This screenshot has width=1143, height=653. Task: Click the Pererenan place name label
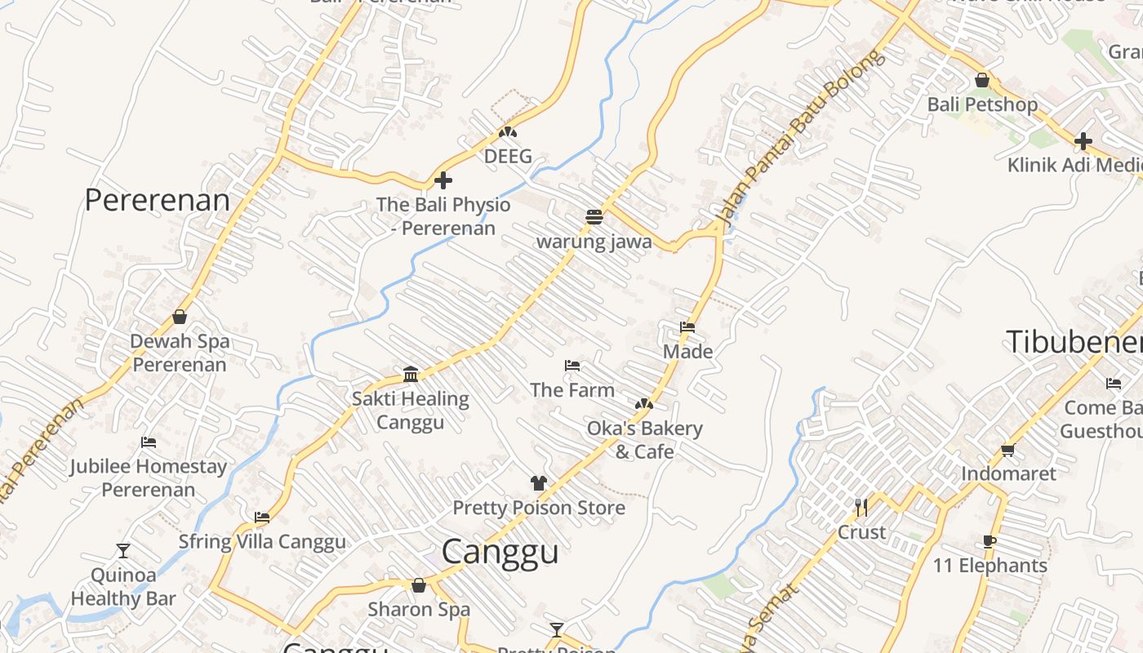click(158, 200)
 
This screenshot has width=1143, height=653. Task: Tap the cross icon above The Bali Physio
click(443, 180)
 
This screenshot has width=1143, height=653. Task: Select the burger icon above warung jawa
click(594, 217)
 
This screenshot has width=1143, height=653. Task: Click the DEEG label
click(508, 156)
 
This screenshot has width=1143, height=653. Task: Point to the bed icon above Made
click(687, 327)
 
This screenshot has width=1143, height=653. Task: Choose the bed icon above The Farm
click(572, 366)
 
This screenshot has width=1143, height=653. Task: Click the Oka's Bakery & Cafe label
click(644, 440)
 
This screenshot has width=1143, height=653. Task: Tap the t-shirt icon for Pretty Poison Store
click(538, 483)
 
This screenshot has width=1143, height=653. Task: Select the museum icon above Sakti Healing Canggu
click(411, 374)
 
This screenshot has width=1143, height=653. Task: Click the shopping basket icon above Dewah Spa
click(180, 317)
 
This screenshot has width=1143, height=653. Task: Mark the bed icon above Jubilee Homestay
click(148, 442)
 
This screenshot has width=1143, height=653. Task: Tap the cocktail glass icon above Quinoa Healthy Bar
click(123, 551)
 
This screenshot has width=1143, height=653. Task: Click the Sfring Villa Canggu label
click(262, 542)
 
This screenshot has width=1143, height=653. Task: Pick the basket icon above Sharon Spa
click(419, 585)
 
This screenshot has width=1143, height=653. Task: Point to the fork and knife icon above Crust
click(861, 508)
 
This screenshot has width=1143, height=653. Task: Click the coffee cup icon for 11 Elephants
click(990, 541)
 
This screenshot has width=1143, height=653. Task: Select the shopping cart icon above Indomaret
click(1008, 450)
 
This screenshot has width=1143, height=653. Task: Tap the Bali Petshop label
click(982, 104)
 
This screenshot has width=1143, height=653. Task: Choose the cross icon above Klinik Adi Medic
click(1083, 141)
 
